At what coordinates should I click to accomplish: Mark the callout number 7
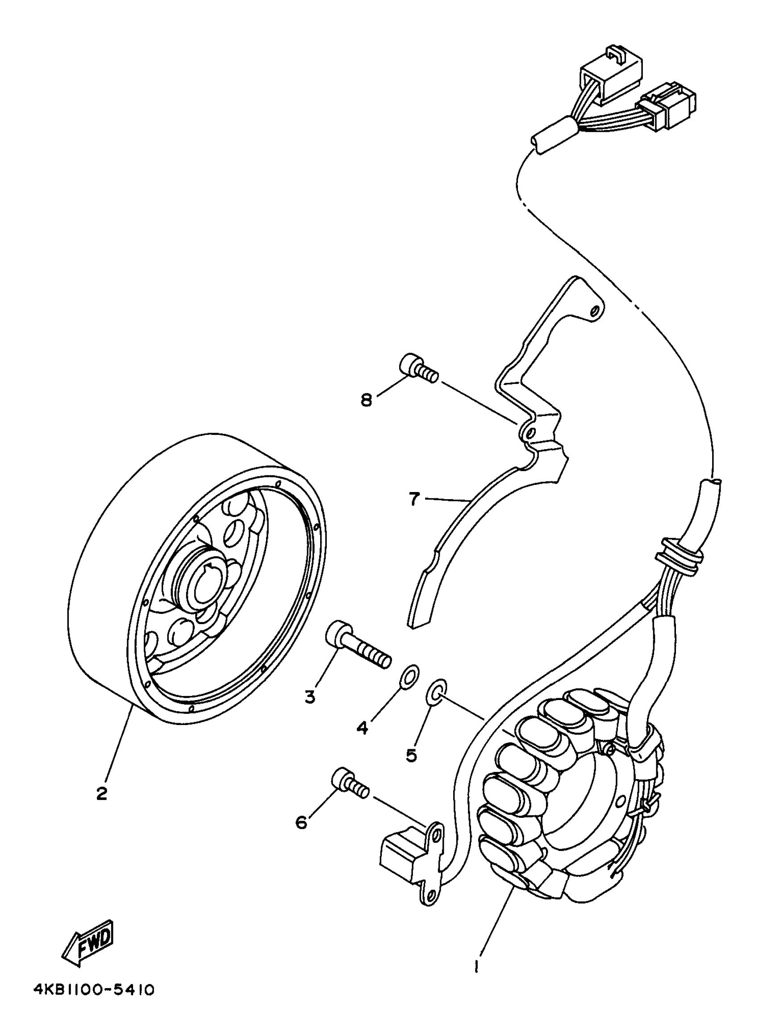(x=414, y=499)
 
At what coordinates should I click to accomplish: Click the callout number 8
(x=366, y=400)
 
